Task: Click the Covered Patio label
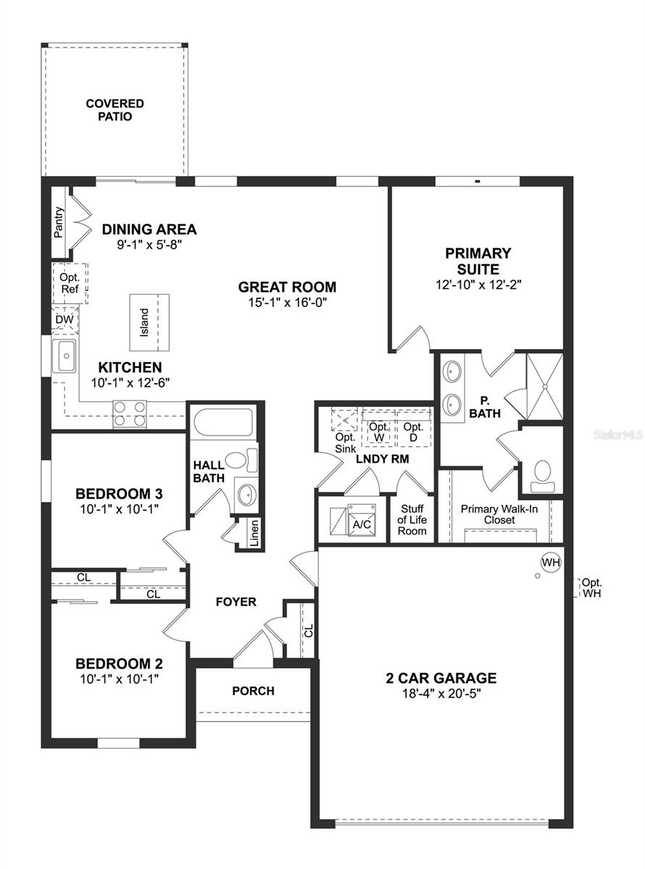tap(115, 110)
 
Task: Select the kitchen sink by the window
tap(64, 356)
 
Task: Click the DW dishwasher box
tap(63, 319)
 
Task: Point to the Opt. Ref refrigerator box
tap(70, 283)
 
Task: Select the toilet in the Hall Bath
tap(240, 460)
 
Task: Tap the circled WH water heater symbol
tap(551, 562)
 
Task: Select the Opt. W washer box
tap(378, 432)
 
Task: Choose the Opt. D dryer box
tap(413, 432)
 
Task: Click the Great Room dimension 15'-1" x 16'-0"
tap(287, 303)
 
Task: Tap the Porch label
tap(253, 691)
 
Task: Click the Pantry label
tap(59, 222)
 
